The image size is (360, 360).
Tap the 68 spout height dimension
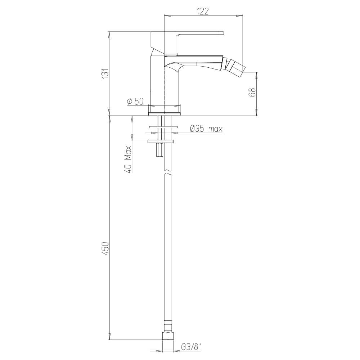tap(252, 92)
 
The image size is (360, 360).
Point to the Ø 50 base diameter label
tap(135, 102)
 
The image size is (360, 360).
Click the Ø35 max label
tap(206, 129)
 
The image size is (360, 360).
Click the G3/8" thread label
tap(191, 347)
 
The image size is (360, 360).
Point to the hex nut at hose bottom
tap(168, 336)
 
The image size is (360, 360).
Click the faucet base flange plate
tap(164, 114)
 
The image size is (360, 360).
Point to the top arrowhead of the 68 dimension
tap(257, 74)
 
